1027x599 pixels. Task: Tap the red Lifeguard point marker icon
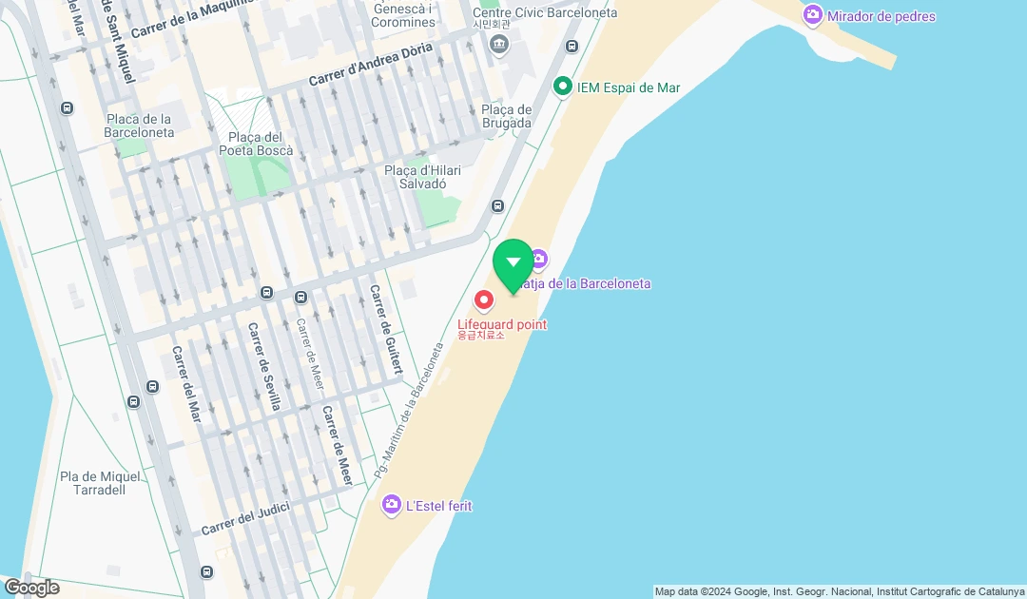click(x=484, y=300)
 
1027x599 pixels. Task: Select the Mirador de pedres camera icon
click(x=812, y=15)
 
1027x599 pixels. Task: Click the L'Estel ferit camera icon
click(x=391, y=506)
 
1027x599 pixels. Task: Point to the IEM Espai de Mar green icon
click(x=562, y=87)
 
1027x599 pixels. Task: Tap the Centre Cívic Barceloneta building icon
click(x=498, y=44)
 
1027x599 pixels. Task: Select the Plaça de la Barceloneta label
click(x=139, y=126)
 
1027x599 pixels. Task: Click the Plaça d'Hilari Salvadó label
click(x=422, y=177)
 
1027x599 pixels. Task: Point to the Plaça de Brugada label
click(x=506, y=116)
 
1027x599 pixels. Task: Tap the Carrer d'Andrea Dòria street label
click(x=370, y=65)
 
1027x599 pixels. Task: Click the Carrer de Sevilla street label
click(x=264, y=366)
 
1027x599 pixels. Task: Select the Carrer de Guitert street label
click(x=386, y=329)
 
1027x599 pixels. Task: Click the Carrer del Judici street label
click(x=244, y=520)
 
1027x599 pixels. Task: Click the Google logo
click(x=31, y=588)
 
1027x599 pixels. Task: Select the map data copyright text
click(x=839, y=591)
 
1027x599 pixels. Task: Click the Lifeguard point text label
click(x=502, y=324)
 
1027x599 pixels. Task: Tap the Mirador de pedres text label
click(x=881, y=16)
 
